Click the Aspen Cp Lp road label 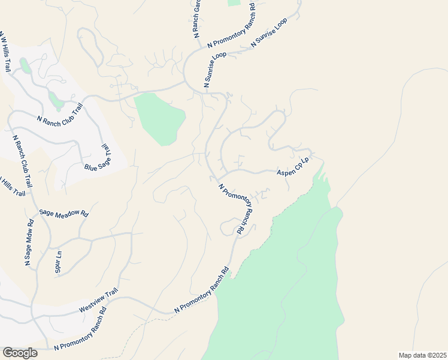(x=292, y=167)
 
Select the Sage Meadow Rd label (x=63, y=212)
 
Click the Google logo (x=20, y=352)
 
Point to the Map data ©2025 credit (x=422, y=355)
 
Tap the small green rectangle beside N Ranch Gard (x=234, y=2)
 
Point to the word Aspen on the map (x=284, y=171)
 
